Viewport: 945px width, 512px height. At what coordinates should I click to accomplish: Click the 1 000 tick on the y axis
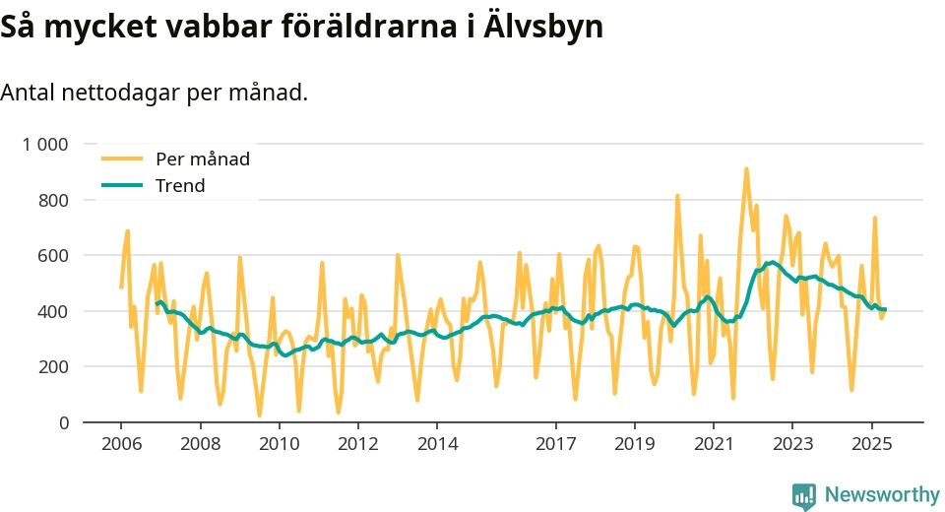click(x=45, y=145)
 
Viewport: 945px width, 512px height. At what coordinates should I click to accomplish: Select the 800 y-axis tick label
click(x=53, y=200)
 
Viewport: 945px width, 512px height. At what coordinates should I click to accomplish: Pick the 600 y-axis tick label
click(x=53, y=256)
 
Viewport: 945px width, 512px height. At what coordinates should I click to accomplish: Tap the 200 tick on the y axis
click(x=53, y=367)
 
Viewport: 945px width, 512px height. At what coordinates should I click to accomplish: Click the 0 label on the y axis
click(x=64, y=423)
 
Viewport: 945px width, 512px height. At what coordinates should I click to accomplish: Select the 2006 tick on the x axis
click(x=120, y=443)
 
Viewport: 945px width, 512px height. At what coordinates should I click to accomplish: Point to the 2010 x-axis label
click(x=279, y=443)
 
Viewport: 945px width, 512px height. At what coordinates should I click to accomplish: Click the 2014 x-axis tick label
click(x=437, y=443)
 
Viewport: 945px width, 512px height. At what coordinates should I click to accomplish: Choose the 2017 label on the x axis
click(x=556, y=443)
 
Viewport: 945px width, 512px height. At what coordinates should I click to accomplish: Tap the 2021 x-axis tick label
click(x=715, y=443)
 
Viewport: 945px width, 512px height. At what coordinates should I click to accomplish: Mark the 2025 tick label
click(x=872, y=443)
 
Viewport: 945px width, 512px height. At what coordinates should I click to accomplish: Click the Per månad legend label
click(x=203, y=159)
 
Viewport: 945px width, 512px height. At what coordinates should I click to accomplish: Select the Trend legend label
click(x=180, y=185)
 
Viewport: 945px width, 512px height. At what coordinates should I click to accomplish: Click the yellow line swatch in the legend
click(x=122, y=159)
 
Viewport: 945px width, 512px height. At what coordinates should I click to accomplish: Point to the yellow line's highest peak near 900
click(x=746, y=169)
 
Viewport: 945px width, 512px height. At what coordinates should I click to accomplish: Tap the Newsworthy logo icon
click(x=803, y=495)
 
